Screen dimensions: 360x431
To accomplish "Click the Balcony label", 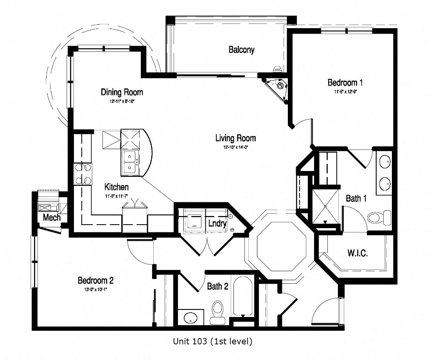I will pos(241,50).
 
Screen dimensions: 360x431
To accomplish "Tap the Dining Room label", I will pos(122,92).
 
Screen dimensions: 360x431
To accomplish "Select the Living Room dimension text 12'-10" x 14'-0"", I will pos(235,147).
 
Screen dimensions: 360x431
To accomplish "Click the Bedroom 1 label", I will pos(345,83).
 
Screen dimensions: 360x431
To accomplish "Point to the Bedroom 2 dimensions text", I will pos(95,290).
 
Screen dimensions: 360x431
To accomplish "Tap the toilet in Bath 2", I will pos(217,311).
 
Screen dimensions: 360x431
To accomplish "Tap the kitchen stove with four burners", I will pos(83,174).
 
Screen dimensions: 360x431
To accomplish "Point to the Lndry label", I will pos(217,223).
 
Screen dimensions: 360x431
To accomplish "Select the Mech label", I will pos(52,217).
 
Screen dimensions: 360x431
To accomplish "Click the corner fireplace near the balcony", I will pos(278,87).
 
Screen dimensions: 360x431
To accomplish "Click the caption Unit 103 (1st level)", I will pos(212,341).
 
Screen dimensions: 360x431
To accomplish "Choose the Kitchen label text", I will pos(116,187).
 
